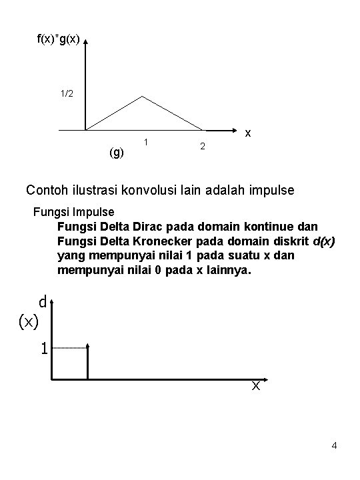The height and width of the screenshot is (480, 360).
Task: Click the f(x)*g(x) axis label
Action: (x=58, y=40)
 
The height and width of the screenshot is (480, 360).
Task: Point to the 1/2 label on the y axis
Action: (x=67, y=94)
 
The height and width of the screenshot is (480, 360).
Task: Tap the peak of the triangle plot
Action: (x=141, y=97)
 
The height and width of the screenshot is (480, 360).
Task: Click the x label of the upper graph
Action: (x=247, y=133)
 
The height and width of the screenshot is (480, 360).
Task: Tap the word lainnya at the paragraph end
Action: (x=227, y=271)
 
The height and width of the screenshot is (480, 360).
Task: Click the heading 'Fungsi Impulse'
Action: (x=73, y=213)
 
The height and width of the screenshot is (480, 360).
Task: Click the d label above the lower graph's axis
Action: (x=42, y=302)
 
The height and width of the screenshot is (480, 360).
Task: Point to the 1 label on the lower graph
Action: (x=43, y=348)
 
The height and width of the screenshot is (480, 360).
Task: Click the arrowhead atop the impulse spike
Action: (x=87, y=347)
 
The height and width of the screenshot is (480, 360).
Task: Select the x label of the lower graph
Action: (x=255, y=386)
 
